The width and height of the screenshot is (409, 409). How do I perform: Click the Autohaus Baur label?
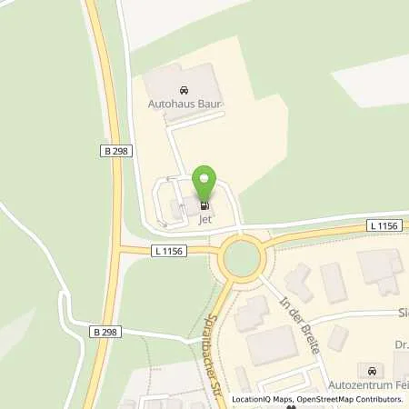point(185,105)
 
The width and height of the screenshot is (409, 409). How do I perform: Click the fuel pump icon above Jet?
point(204,205)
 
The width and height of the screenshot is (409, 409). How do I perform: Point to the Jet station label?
point(204,218)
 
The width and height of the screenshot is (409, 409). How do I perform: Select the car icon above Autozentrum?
point(371,371)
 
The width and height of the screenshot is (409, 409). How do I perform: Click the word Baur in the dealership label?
point(210,105)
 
